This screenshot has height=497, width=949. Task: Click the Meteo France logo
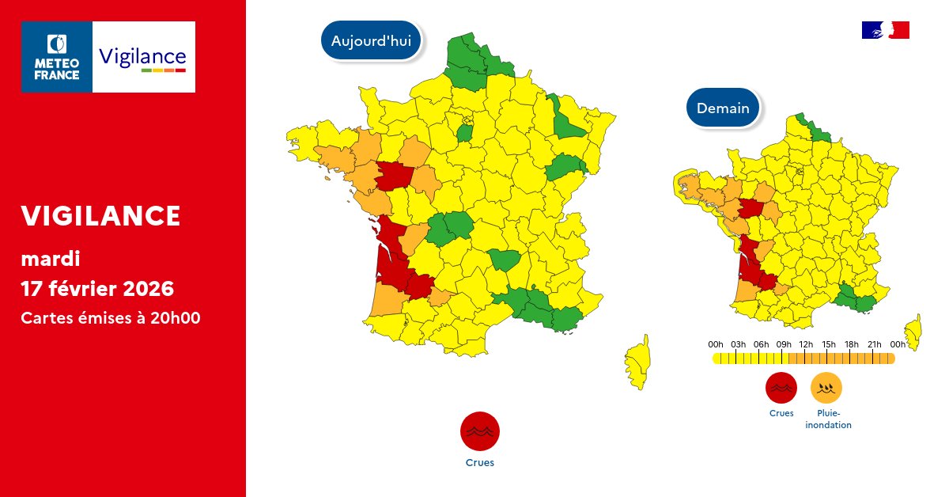point(57,57)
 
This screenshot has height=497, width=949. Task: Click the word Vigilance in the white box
point(143,56)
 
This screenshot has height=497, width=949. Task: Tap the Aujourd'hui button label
point(371,41)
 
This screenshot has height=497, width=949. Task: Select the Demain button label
point(723,108)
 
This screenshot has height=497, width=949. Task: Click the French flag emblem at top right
point(885,30)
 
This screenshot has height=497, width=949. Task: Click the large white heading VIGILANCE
point(100,215)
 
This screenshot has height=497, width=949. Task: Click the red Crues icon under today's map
point(480,432)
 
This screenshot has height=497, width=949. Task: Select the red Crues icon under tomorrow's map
point(781,388)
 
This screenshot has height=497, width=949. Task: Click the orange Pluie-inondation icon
point(826,388)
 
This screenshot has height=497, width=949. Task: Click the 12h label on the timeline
point(807,344)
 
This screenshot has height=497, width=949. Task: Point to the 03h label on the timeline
point(739,344)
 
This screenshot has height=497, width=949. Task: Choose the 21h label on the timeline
point(875,344)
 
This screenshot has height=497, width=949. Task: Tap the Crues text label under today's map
point(480,463)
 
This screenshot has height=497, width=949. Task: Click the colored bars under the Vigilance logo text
point(163,71)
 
